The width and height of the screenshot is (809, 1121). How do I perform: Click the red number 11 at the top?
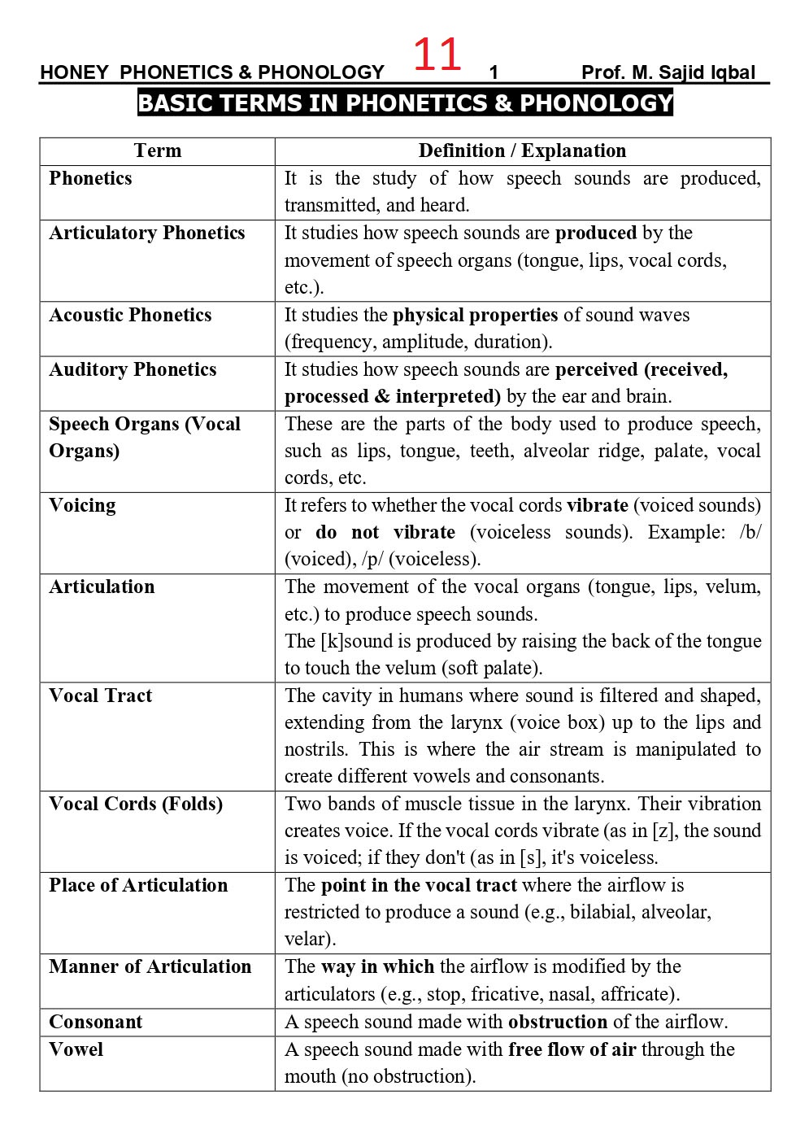pyautogui.click(x=437, y=55)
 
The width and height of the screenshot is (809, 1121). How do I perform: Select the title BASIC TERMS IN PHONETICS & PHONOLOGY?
pyautogui.click(x=405, y=103)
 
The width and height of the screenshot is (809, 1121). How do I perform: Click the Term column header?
pyautogui.click(x=158, y=151)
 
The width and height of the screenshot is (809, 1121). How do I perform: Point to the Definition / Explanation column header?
pyautogui.click(x=522, y=151)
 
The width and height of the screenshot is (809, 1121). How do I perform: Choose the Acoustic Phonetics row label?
pyautogui.click(x=130, y=316)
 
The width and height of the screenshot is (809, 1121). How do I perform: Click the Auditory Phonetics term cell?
pyautogui.click(x=133, y=370)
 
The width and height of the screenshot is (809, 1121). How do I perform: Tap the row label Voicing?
pyautogui.click(x=82, y=506)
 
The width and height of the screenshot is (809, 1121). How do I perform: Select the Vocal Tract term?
pyautogui.click(x=100, y=696)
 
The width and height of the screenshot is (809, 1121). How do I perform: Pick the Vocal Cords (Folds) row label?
pyautogui.click(x=136, y=805)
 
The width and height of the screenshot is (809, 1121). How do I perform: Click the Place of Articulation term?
pyautogui.click(x=138, y=886)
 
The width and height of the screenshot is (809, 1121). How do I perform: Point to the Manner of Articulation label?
pyautogui.click(x=150, y=967)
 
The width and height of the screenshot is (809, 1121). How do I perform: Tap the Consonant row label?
pyautogui.click(x=95, y=1023)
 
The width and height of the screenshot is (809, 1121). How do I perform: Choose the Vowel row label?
pyautogui.click(x=76, y=1050)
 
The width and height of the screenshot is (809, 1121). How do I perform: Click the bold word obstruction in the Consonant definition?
pyautogui.click(x=558, y=1023)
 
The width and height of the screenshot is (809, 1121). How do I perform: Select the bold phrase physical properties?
pyautogui.click(x=475, y=316)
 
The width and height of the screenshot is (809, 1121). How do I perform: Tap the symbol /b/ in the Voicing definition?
pyautogui.click(x=750, y=533)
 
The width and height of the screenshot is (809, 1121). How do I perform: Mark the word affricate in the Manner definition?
pyautogui.click(x=647, y=994)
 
